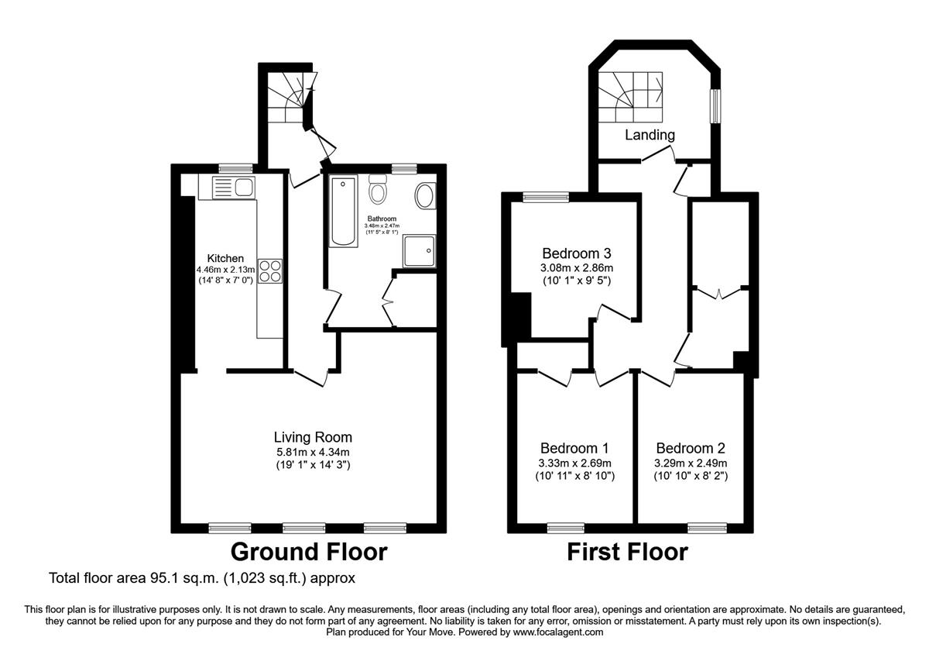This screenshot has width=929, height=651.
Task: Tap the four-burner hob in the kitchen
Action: point(270,271)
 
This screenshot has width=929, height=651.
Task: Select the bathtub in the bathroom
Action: point(344,212)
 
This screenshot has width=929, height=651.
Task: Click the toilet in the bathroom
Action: point(379,190)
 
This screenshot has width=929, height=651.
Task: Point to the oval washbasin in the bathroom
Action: point(426,196)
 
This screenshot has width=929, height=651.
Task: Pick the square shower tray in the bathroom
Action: point(419,251)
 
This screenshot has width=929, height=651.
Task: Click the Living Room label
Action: point(313,437)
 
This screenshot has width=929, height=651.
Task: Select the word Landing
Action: point(650,135)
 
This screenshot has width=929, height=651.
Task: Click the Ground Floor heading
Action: point(309,552)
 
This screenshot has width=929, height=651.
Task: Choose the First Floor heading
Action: point(627,552)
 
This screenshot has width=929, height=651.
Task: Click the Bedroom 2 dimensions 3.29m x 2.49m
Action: point(691,463)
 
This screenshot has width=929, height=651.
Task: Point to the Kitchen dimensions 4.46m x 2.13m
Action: point(226,270)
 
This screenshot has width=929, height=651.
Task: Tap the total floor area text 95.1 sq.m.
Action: point(201,578)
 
